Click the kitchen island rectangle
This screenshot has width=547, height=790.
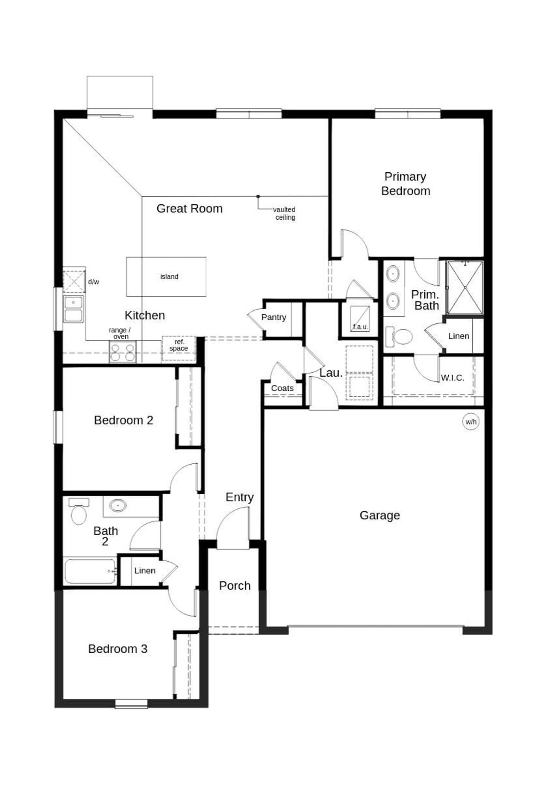pos(166,277)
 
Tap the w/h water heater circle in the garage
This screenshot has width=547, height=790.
pos(471,422)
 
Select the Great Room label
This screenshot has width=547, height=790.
pos(189,209)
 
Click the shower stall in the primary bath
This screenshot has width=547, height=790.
pos(465,288)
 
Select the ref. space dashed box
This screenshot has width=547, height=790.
pos(179,348)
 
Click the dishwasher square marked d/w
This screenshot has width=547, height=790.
pos(74,281)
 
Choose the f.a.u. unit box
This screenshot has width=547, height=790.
pos(360,318)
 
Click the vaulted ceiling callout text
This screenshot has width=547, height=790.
pos(285,213)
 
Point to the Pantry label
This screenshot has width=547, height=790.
pos(273,317)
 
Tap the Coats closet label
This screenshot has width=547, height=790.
pos(282,388)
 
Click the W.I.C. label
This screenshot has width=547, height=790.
pos(452,378)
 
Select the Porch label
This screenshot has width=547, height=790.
pos(235,586)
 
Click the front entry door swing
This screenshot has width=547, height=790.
pos(233,528)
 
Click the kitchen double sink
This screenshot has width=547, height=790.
pos(74,309)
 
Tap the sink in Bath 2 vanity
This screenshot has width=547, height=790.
pos(118,506)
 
